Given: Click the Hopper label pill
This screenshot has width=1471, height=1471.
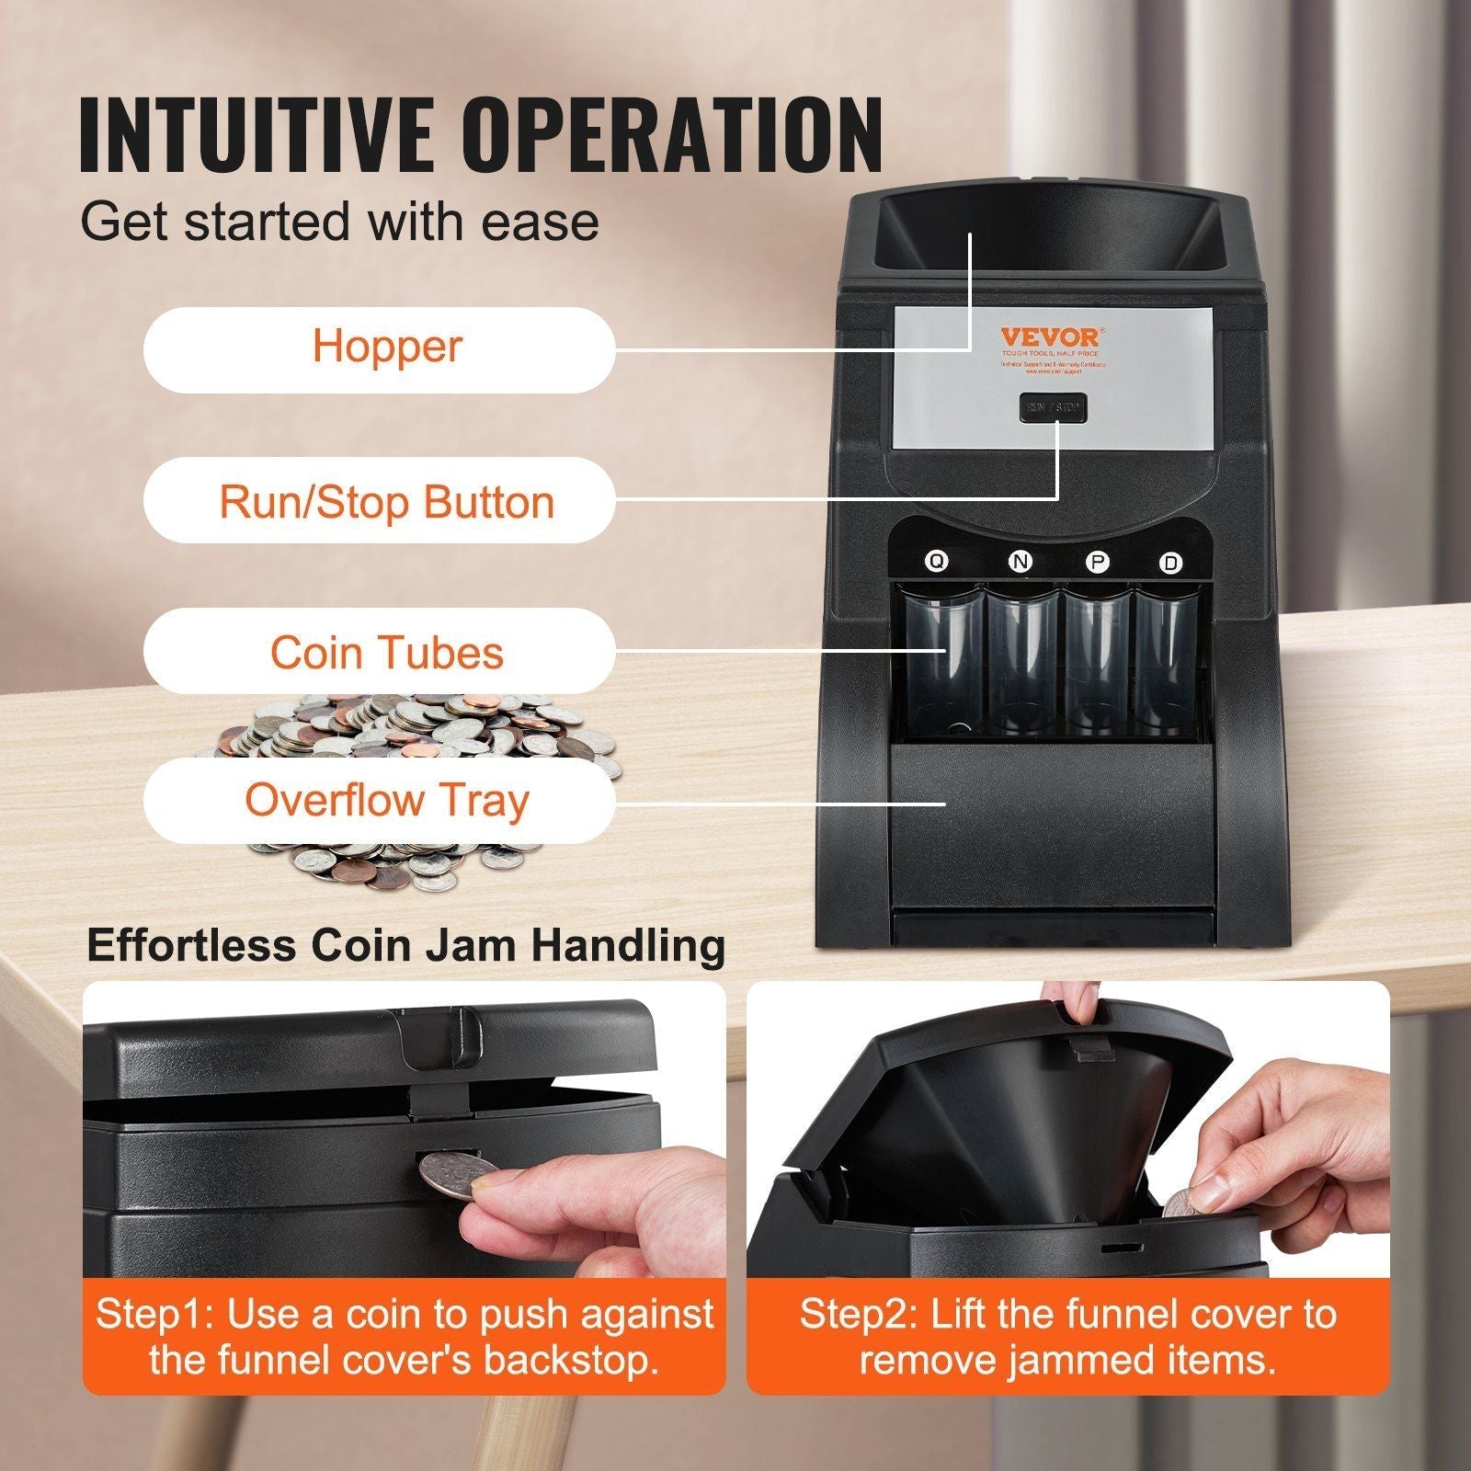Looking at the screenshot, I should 379,348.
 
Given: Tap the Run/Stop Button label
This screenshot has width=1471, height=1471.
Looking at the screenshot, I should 379,501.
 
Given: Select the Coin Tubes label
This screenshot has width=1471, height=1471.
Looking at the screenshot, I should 379,652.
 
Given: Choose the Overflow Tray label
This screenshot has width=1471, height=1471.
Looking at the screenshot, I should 379,800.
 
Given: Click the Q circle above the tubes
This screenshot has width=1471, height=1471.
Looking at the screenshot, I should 936,562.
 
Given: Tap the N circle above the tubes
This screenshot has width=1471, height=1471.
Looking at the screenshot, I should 1020,562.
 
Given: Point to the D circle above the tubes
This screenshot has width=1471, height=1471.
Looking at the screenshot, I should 1170,563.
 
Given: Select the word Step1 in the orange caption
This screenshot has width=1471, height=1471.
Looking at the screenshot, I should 153,1314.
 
